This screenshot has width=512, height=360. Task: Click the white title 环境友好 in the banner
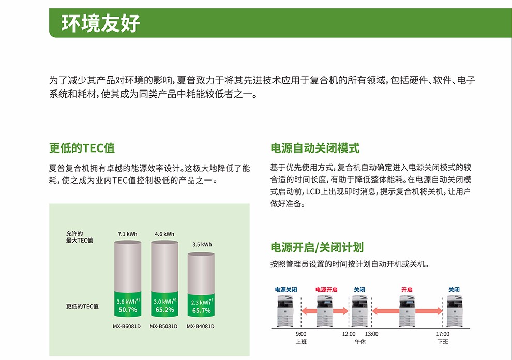tap(101, 23)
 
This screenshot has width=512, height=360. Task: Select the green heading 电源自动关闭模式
tap(314, 148)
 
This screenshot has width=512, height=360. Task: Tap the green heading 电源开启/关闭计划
tap(321, 247)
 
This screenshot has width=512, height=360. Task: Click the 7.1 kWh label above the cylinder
tap(128, 234)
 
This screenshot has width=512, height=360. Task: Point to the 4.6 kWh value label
tap(164, 234)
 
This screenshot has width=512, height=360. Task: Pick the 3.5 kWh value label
tap(202, 245)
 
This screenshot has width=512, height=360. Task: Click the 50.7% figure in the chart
tap(128, 310)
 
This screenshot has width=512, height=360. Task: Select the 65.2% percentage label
tap(164, 310)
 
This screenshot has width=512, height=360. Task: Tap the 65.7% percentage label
tap(201, 310)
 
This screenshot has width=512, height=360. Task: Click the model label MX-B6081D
tap(127, 327)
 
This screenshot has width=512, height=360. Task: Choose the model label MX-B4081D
tap(201, 327)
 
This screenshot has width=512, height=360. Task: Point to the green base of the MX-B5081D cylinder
tap(164, 305)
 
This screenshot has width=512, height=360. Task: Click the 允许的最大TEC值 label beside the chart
tap(80, 237)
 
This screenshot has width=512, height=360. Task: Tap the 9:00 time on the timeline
tap(302, 334)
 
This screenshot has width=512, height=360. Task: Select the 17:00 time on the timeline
tap(443, 334)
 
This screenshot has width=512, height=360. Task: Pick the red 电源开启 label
tap(326, 290)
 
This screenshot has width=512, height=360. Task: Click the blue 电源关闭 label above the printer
tap(286, 290)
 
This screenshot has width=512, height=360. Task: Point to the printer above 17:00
tap(454, 310)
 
